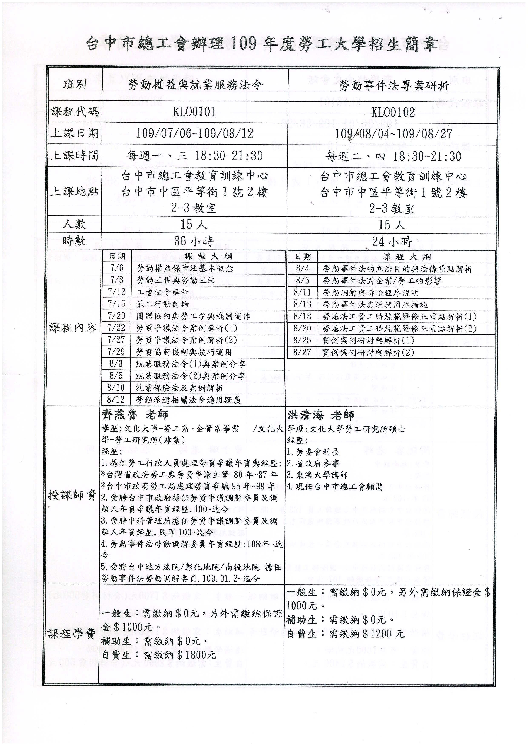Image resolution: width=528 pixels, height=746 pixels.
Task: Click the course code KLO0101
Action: [194, 112]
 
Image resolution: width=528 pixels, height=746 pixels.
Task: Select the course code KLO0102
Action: [393, 112]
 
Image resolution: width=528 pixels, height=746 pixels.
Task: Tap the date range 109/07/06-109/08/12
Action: [194, 133]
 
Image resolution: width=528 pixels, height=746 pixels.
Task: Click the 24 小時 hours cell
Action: [392, 241]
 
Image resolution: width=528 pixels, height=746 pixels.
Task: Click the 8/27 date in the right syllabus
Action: [302, 352]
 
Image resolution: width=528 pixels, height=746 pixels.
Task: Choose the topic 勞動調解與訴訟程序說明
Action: [371, 293]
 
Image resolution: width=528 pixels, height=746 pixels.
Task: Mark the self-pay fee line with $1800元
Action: [159, 654]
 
